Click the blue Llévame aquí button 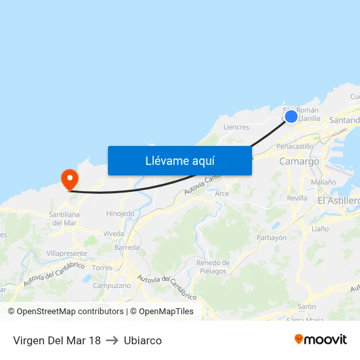coord(179,160)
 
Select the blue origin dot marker coord(291,117)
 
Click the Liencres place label coord(236,127)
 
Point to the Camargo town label coord(299,161)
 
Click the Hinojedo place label coord(120,213)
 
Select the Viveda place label coord(113,234)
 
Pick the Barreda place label coord(126,248)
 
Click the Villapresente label coord(67,253)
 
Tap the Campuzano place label coord(111,285)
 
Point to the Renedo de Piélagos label coord(213,267)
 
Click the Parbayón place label coord(272,238)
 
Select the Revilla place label coord(297,198)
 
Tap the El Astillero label coord(338,200)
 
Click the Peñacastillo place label coord(295,147)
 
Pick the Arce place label coord(222,194)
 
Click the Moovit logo coord(321,339)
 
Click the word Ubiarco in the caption coord(143,340)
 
